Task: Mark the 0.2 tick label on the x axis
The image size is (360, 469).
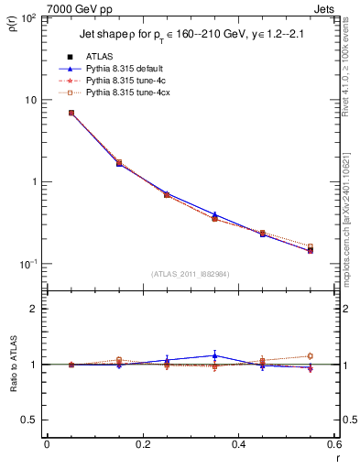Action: (142, 445)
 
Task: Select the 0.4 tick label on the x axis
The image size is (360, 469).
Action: (238, 445)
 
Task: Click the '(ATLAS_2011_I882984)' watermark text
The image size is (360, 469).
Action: (190, 274)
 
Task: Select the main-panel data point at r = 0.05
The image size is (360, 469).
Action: (71, 113)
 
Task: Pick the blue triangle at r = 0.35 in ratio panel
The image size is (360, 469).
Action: (214, 355)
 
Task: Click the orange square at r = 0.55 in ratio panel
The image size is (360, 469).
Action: (310, 356)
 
